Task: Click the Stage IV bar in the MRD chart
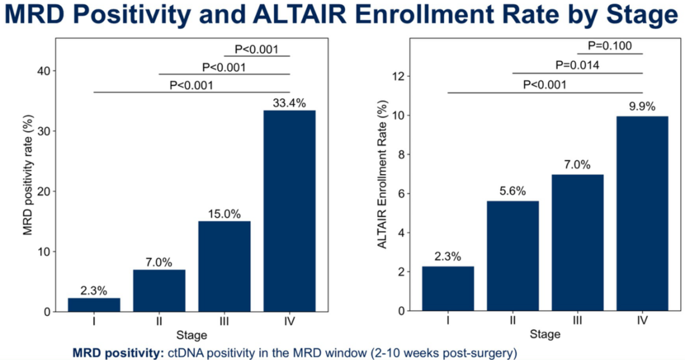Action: [x=290, y=211]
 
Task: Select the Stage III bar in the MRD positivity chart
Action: [x=225, y=266]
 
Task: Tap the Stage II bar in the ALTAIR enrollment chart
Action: [x=513, y=256]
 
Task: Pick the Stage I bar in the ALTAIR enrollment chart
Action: [x=448, y=288]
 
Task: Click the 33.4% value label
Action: [x=290, y=102]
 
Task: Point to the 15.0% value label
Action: [x=225, y=213]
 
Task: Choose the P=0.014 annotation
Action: [x=577, y=65]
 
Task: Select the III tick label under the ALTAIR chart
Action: [x=578, y=320]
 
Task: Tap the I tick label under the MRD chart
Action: [x=94, y=321]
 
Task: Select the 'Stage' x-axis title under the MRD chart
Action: [x=191, y=335]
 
